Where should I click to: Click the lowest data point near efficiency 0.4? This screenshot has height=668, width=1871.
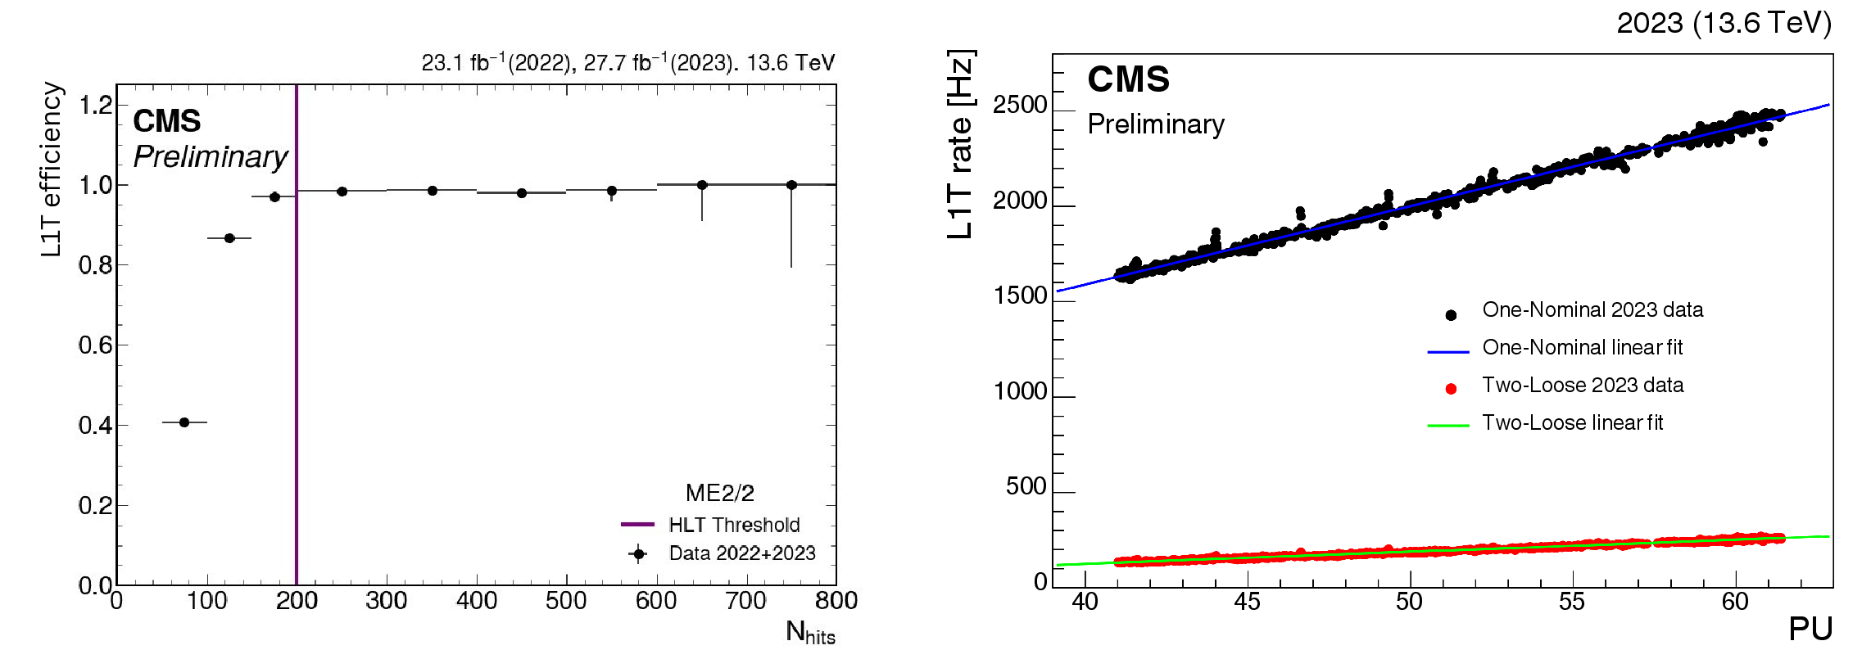point(184,422)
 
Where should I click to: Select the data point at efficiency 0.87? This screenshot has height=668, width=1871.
point(229,238)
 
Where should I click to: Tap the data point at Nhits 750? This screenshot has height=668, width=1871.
point(791,185)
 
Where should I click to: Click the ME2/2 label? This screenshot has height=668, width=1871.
point(719,493)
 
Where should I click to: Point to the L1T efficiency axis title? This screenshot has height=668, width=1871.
point(51,170)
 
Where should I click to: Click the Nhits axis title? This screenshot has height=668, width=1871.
point(809,633)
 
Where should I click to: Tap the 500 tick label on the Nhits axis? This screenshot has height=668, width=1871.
point(566,601)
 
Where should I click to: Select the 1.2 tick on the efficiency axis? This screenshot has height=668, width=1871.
point(96,105)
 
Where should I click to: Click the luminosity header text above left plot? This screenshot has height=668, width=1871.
point(627,63)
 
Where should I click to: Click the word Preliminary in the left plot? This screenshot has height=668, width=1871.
point(211,156)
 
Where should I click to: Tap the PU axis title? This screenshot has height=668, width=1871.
point(1810,629)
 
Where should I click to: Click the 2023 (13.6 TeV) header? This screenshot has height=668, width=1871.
point(1724,23)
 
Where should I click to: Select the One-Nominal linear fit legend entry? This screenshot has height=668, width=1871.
point(1582,348)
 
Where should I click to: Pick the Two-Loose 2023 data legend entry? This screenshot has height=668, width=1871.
point(1582,386)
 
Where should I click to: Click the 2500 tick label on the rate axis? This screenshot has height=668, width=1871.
point(1020,106)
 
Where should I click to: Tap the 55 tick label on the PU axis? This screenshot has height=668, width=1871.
point(1571,602)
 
